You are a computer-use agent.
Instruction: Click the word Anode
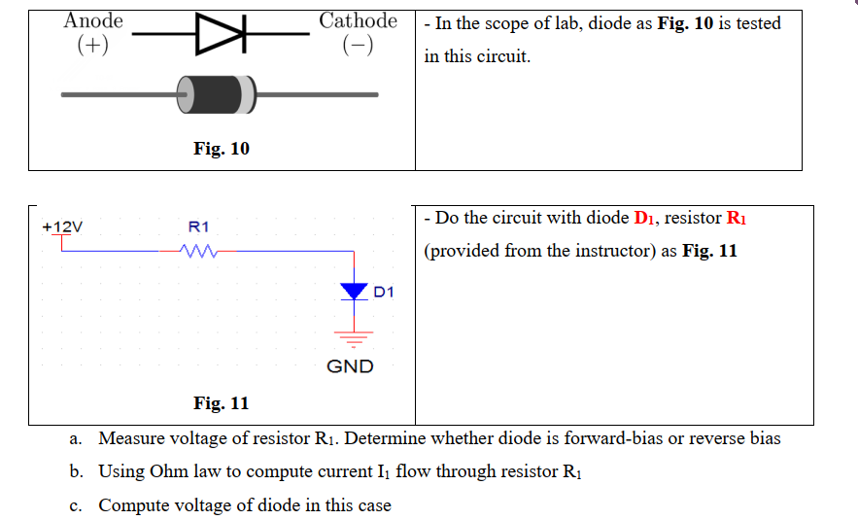(93, 20)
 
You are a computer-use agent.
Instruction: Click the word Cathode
(358, 20)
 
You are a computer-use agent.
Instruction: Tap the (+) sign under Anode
(93, 46)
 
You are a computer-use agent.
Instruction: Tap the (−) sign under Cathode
(359, 46)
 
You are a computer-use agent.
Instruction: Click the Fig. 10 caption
(221, 149)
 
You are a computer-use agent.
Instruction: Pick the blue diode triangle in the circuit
(354, 291)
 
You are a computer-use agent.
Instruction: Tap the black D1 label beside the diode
(384, 291)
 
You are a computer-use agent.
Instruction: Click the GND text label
(350, 366)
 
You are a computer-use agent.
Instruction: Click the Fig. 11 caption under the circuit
(221, 402)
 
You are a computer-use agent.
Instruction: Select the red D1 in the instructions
(645, 219)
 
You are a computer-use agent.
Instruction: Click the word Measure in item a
(133, 438)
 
